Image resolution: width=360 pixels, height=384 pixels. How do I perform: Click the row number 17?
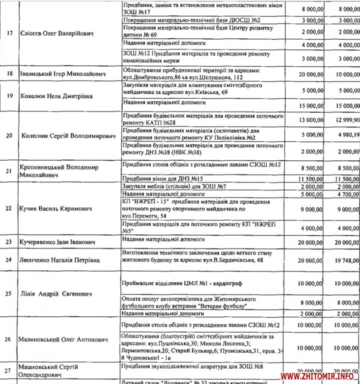pos(9,34)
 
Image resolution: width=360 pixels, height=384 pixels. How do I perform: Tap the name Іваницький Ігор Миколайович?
pos(62,74)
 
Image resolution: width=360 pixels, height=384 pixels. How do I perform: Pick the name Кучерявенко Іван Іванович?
pos(57,241)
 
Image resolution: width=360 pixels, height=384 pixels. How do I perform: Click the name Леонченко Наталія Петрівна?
pos(59,260)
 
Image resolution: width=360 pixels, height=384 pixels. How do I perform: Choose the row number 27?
pos(9,371)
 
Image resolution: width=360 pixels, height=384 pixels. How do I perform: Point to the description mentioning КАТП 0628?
pos(202,118)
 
